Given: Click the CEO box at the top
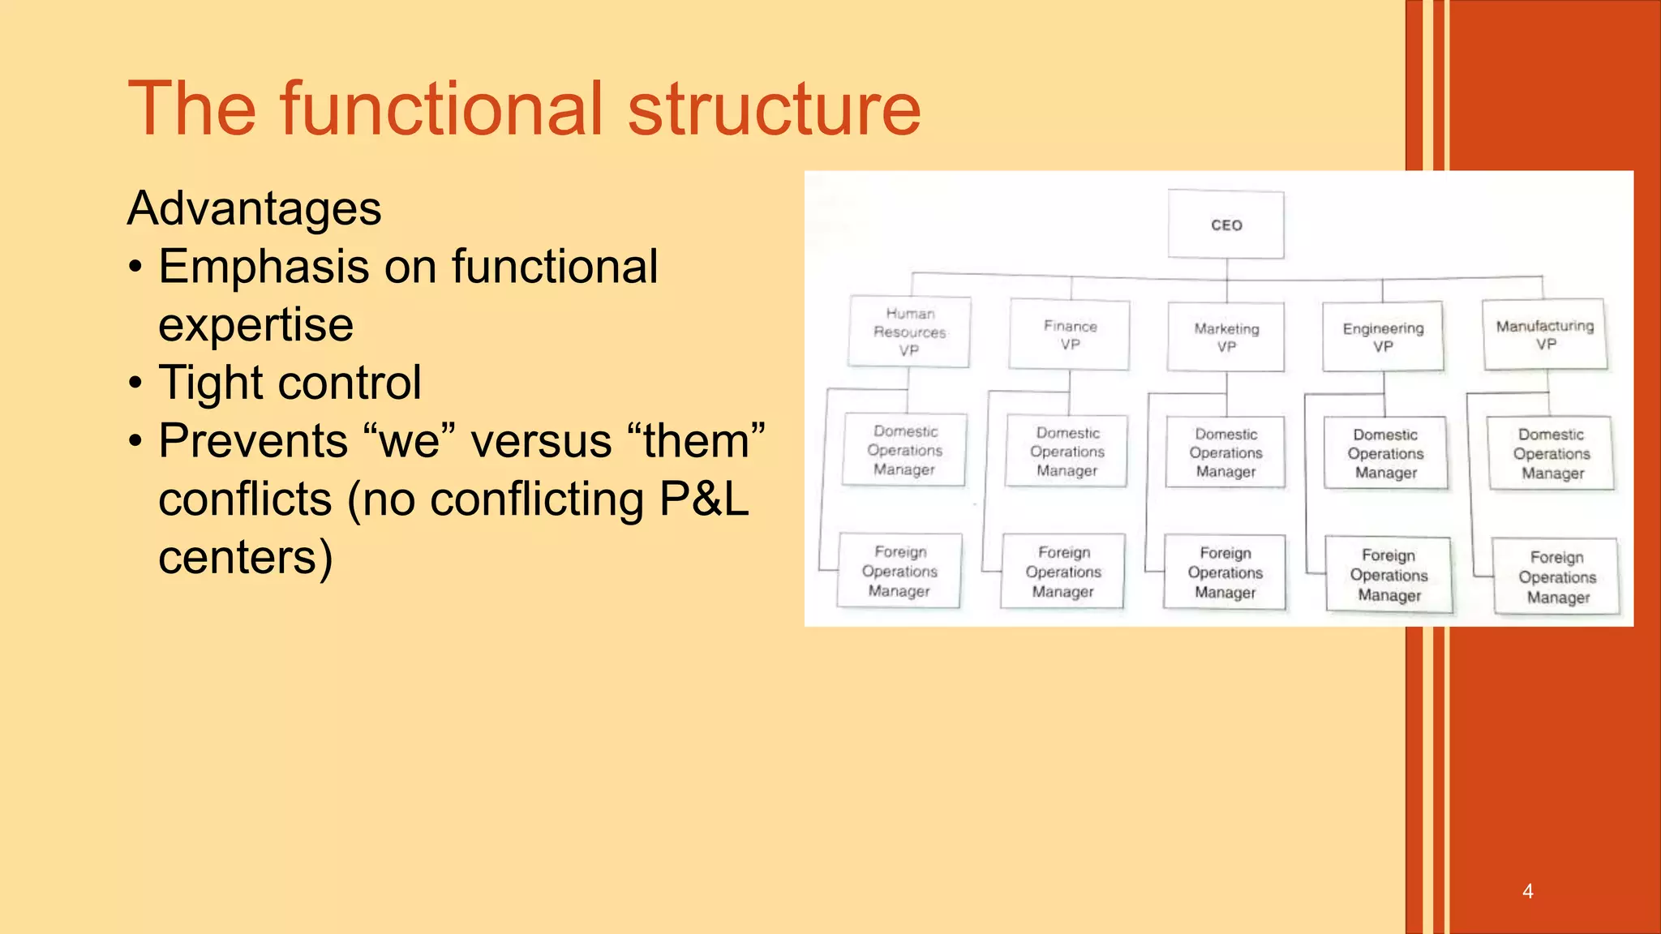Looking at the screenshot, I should click(1225, 225).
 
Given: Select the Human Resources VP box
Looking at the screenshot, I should click(909, 332).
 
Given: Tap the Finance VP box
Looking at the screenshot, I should click(1070, 335).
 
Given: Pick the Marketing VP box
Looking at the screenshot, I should click(1226, 337).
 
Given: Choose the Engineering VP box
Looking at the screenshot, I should click(1383, 336).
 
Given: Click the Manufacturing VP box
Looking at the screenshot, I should click(1545, 334).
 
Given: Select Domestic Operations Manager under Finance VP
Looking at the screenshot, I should click(1067, 452).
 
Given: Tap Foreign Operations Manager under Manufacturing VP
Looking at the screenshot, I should click(1556, 576).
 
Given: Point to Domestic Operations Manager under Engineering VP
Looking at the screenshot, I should click(1385, 453).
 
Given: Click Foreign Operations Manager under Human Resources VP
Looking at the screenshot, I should click(899, 571).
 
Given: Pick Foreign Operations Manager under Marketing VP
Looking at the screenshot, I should click(1225, 572).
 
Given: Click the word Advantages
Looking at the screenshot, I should click(254, 208).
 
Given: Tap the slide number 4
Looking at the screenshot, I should click(1527, 891).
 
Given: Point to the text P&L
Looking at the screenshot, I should click(703, 499).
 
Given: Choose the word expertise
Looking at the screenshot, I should click(255, 325).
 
